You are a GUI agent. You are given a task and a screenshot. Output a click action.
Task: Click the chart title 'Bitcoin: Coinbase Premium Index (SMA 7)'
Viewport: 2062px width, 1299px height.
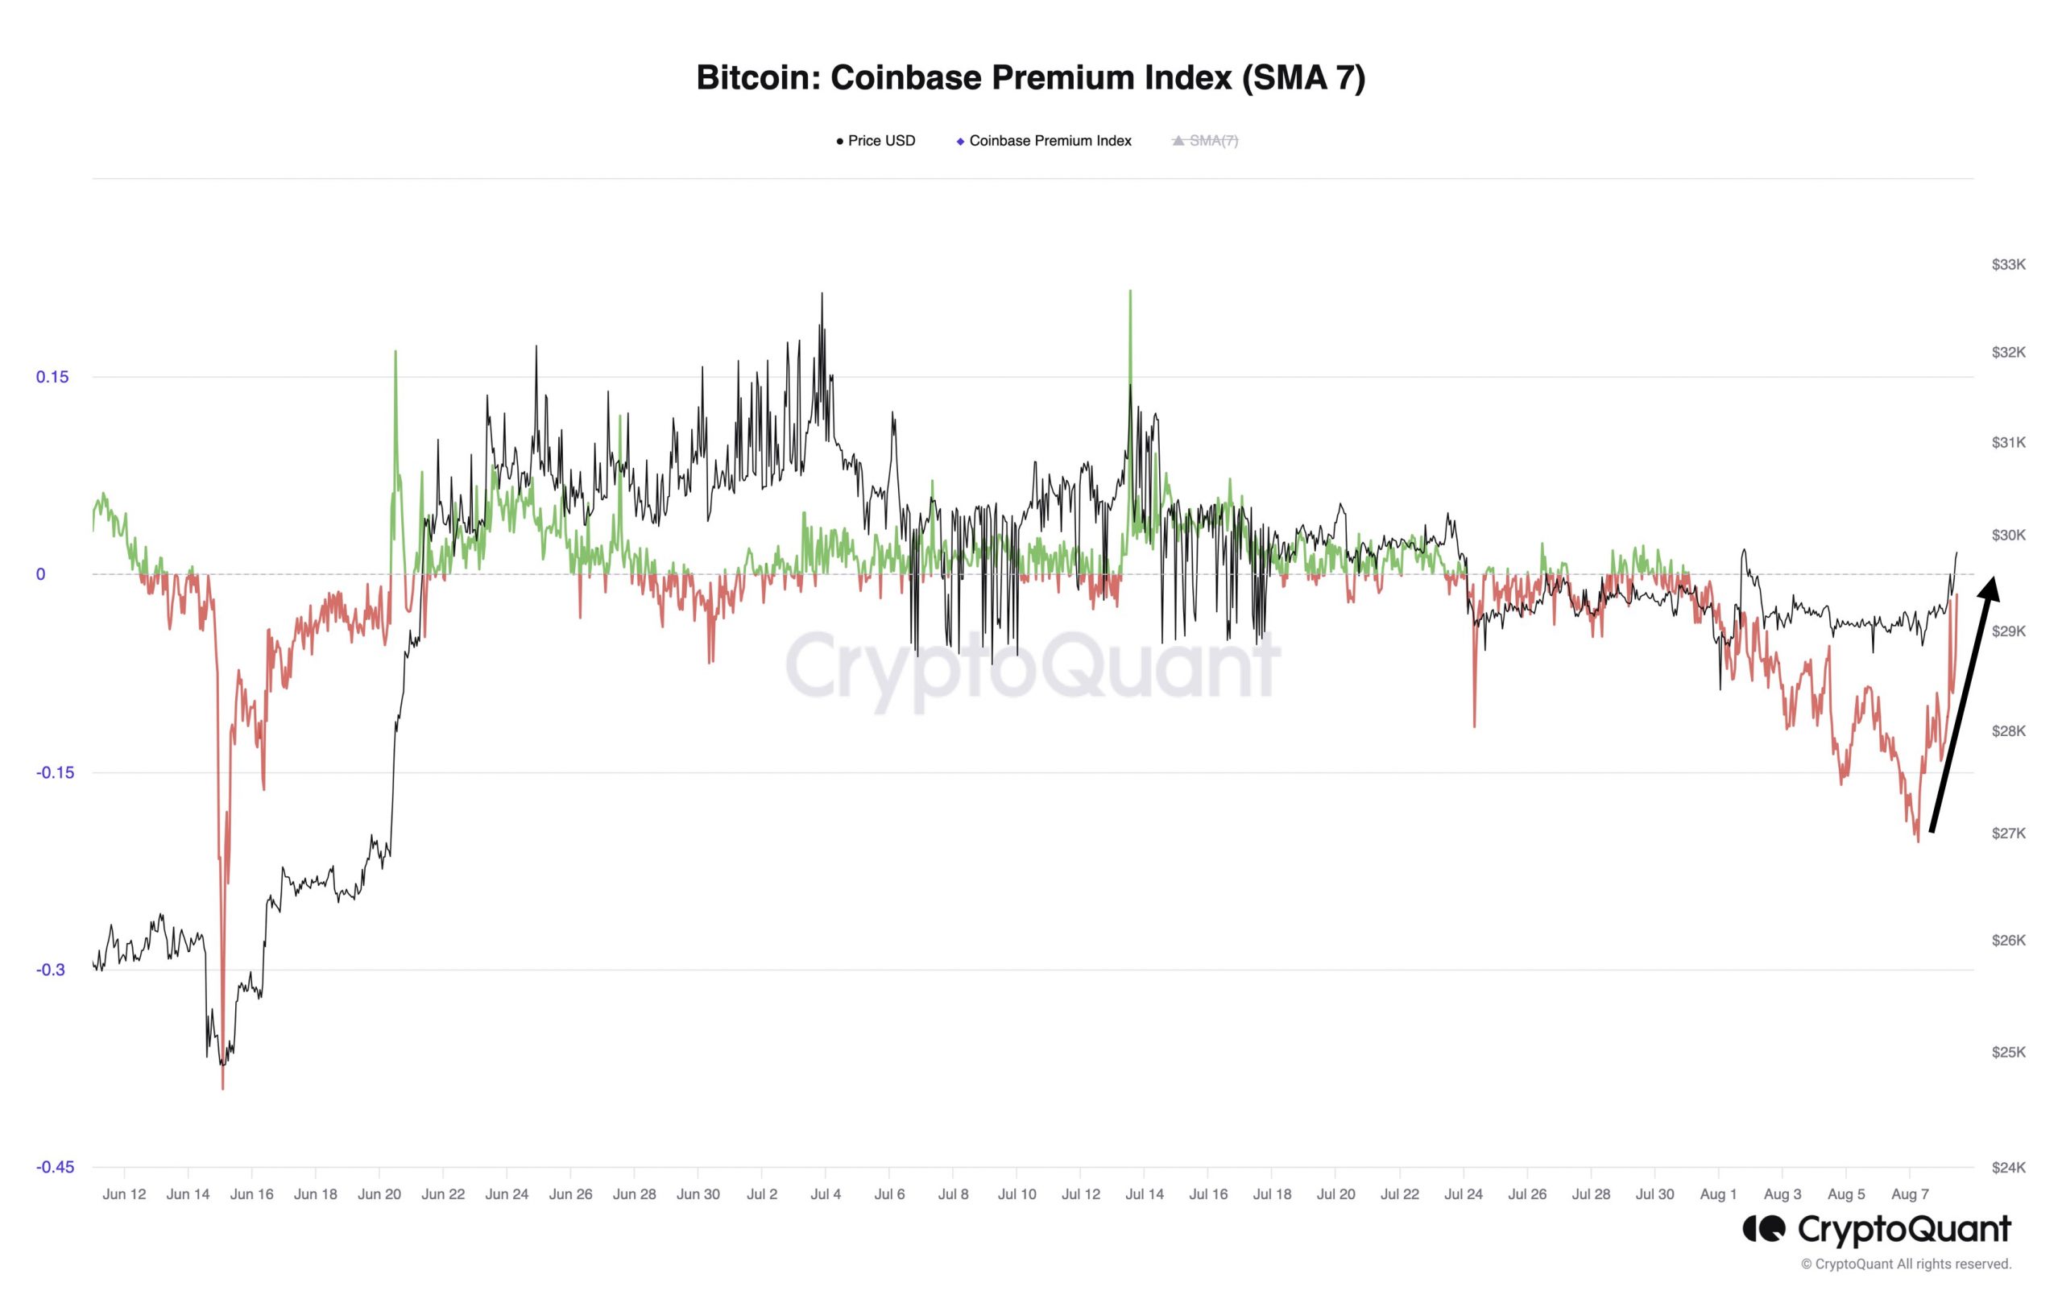(x=1030, y=78)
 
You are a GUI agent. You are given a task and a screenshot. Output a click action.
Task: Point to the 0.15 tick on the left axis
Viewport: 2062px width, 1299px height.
(x=52, y=377)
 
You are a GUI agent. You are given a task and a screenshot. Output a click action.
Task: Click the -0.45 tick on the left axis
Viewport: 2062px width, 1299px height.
(x=55, y=1166)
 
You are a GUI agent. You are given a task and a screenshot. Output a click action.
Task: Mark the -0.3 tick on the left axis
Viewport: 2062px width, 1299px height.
(x=52, y=970)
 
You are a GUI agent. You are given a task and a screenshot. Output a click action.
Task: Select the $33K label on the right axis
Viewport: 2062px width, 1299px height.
(x=2008, y=265)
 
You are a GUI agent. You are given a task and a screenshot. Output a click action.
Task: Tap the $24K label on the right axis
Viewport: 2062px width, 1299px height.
(x=2008, y=1166)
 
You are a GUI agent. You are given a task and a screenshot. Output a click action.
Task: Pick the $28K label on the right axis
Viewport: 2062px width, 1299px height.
(x=2008, y=730)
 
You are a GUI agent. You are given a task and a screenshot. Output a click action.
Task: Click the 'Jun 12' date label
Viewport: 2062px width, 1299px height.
(x=124, y=1194)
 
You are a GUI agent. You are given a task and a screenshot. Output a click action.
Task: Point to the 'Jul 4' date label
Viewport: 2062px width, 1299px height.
(x=826, y=1194)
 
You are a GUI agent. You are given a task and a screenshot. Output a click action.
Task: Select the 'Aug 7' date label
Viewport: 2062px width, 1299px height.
(x=1910, y=1194)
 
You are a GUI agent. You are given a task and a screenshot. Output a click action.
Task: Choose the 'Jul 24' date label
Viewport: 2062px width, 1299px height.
(x=1464, y=1194)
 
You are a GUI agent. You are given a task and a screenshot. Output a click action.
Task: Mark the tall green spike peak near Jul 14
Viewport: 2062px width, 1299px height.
(x=1130, y=292)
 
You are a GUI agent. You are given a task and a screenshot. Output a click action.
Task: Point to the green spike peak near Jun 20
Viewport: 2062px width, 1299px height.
(x=395, y=352)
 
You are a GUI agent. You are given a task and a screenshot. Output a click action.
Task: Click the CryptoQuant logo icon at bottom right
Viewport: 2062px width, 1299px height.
(x=1764, y=1230)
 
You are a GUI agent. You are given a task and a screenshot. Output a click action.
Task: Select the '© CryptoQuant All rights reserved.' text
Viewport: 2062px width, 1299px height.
(x=1905, y=1264)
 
